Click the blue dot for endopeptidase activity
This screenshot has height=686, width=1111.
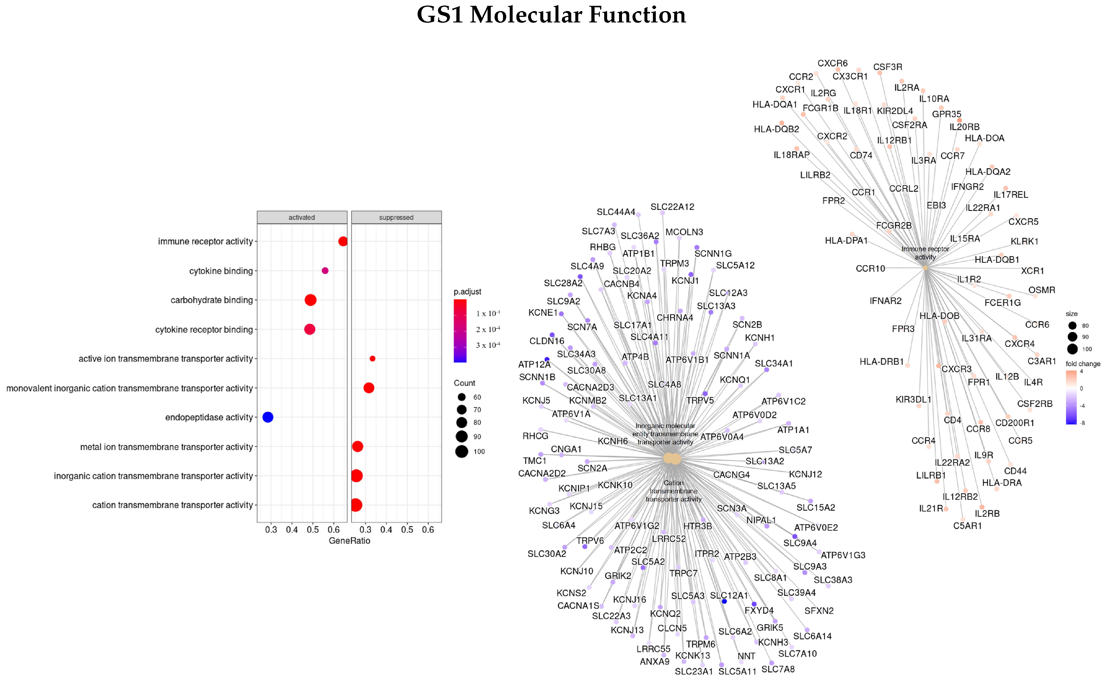[268, 417]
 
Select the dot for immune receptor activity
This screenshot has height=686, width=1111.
[343, 241]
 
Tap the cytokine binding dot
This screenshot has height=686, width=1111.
[325, 271]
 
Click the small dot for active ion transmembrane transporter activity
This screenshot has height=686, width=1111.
[372, 358]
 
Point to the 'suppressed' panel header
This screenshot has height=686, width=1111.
[396, 217]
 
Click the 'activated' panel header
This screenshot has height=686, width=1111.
[302, 217]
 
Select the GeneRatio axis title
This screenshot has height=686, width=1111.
[349, 541]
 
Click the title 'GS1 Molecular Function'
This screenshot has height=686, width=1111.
[551, 15]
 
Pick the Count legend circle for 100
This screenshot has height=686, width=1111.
[462, 451]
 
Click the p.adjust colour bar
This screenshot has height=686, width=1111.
[460, 331]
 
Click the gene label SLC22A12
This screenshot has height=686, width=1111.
[672, 207]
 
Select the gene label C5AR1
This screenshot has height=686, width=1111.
[967, 526]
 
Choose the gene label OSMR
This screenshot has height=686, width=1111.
[1042, 290]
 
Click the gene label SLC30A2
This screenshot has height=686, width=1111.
[547, 554]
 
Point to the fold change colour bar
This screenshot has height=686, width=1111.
[1071, 397]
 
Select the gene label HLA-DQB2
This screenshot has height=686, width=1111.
[776, 129]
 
